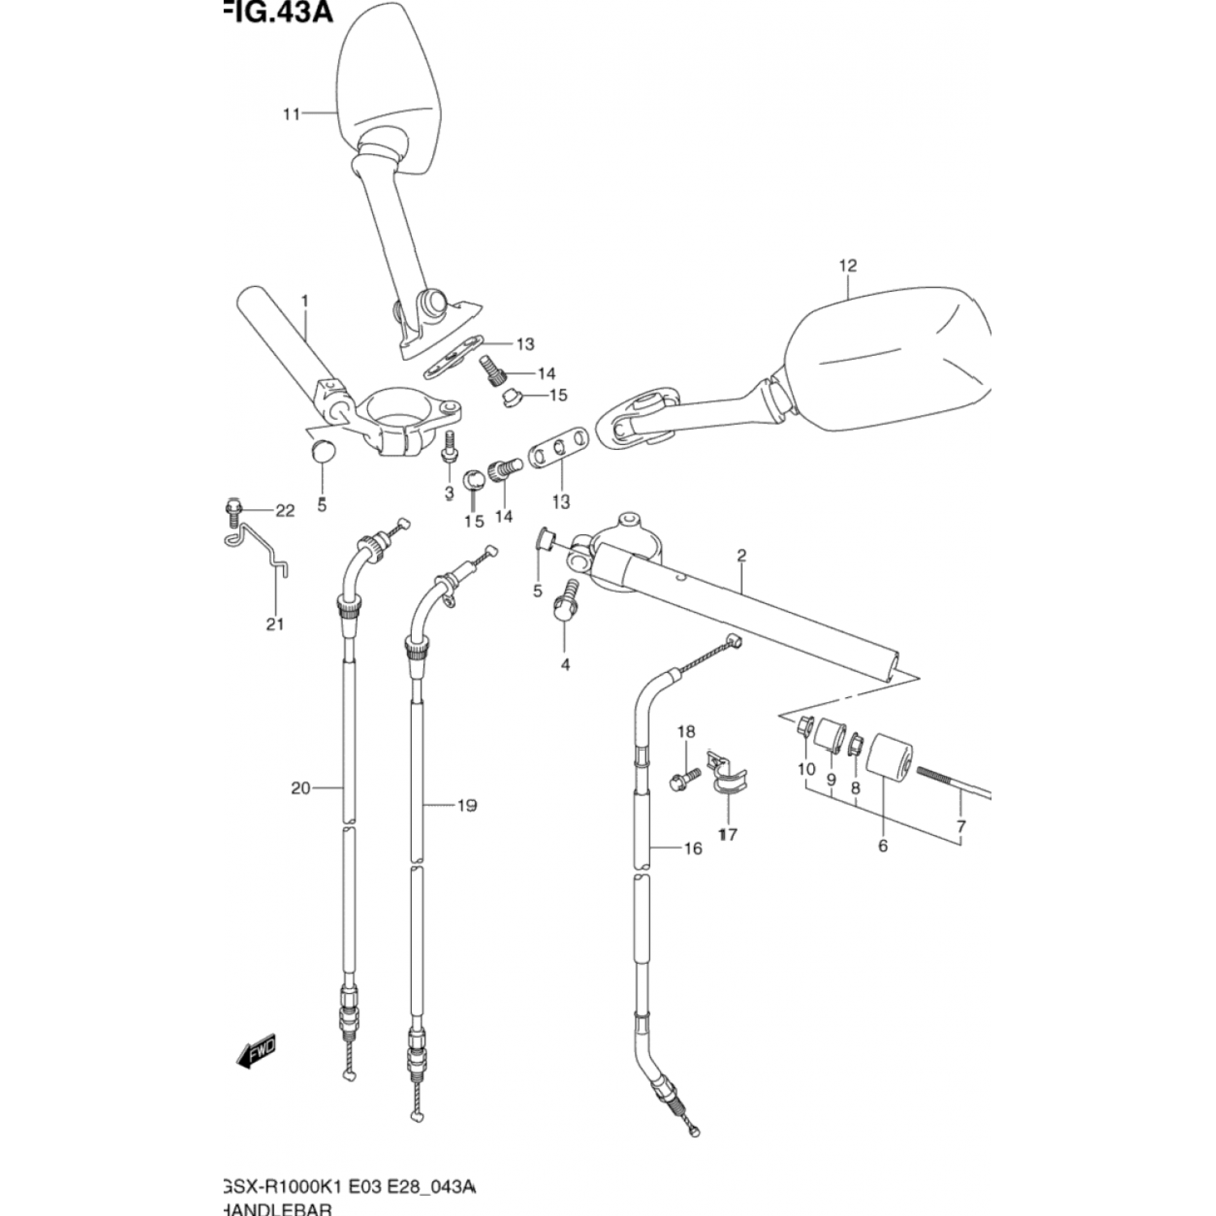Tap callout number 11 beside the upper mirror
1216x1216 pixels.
[x=291, y=114]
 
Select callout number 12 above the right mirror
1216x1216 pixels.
[x=848, y=265]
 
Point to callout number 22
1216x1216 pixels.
[x=285, y=511]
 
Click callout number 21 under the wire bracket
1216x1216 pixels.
[x=275, y=624]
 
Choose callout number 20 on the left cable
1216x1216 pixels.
[x=300, y=787]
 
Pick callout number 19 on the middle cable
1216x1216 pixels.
[x=466, y=805]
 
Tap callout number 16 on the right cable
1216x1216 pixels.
[x=692, y=849]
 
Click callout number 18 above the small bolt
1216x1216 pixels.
[x=686, y=732]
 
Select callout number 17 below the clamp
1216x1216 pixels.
[x=727, y=833]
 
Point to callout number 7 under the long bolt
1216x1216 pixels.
[x=961, y=827]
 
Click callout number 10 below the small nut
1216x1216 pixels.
[x=806, y=769]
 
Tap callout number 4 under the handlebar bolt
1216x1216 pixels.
[x=565, y=665]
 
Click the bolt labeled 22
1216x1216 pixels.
[x=233, y=508]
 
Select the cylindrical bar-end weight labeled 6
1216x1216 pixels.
[x=889, y=755]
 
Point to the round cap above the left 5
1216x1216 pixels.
[x=322, y=450]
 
